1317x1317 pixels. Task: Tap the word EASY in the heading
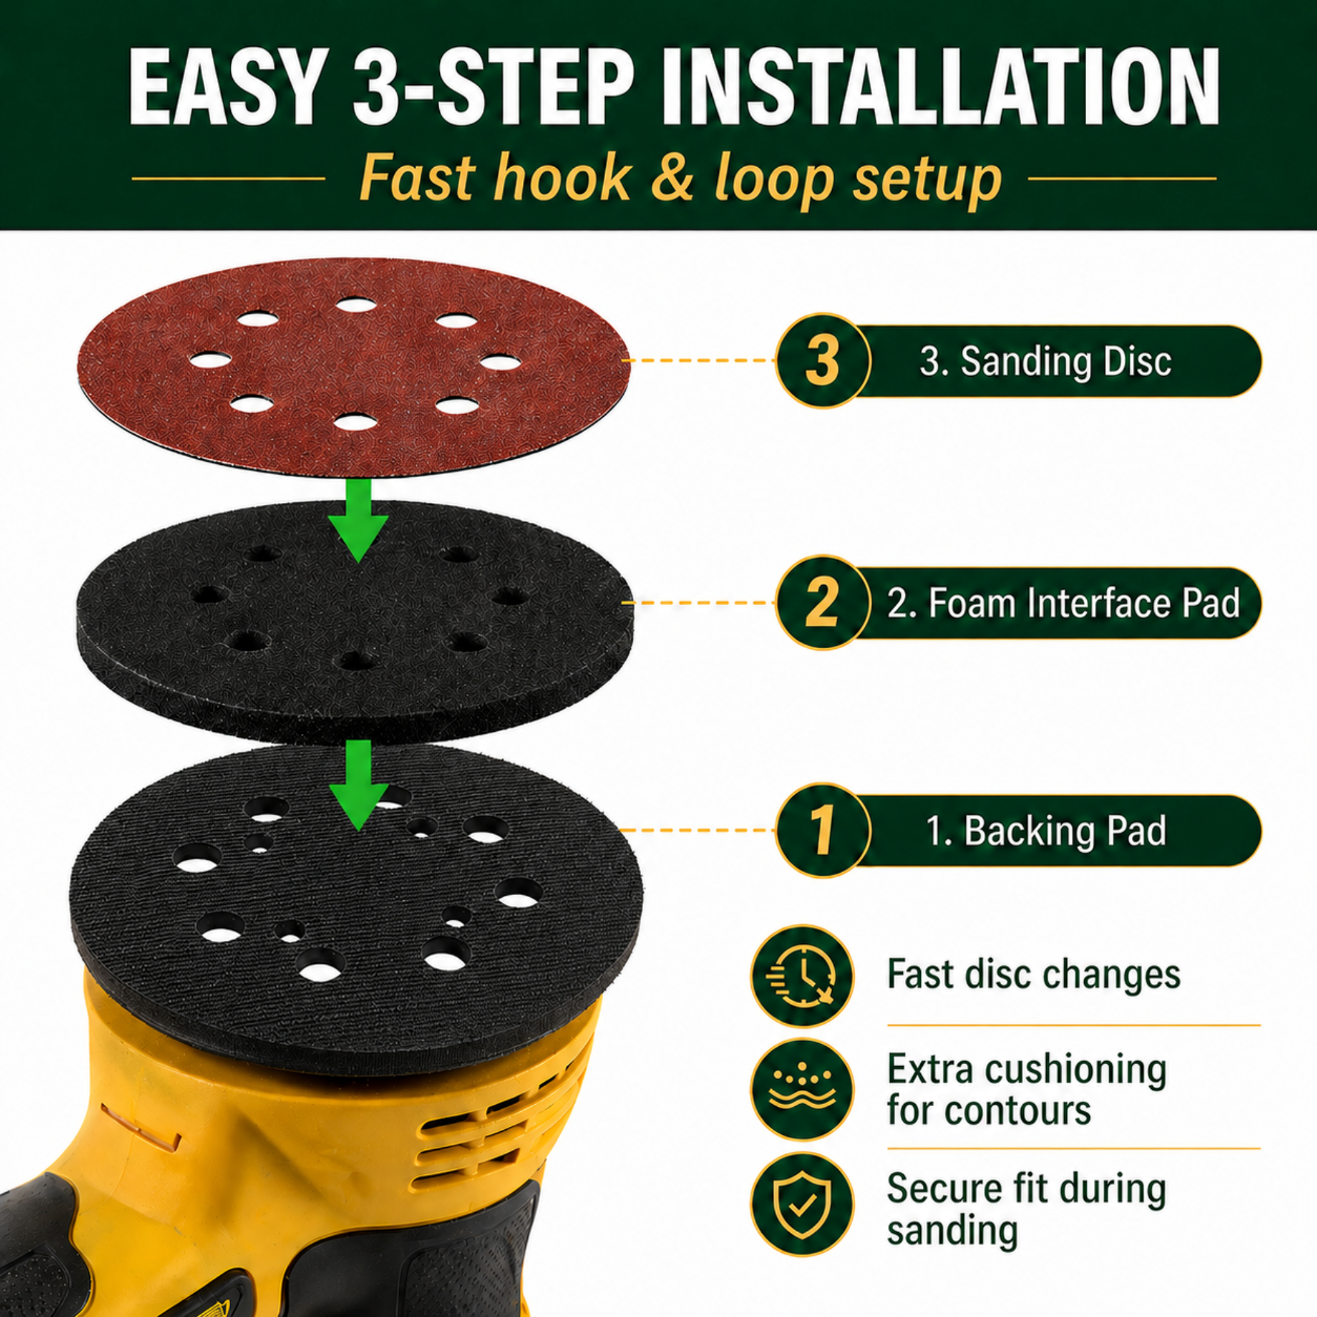click(225, 87)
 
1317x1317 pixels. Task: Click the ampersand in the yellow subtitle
click(671, 179)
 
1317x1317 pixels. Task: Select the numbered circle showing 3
click(822, 361)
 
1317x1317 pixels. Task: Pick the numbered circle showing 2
click(822, 603)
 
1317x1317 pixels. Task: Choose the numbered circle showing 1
click(822, 830)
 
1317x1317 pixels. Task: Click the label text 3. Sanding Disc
click(1045, 361)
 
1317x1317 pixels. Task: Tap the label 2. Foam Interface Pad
click(1063, 603)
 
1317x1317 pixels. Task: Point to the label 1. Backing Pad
click(1045, 831)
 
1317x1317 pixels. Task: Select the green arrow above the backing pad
click(358, 784)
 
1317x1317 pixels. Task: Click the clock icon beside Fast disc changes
click(802, 976)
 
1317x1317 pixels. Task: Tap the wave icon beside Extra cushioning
click(802, 1089)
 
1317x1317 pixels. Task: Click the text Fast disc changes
click(1033, 974)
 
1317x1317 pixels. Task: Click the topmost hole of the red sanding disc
click(356, 305)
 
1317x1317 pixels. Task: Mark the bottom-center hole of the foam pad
click(357, 660)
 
